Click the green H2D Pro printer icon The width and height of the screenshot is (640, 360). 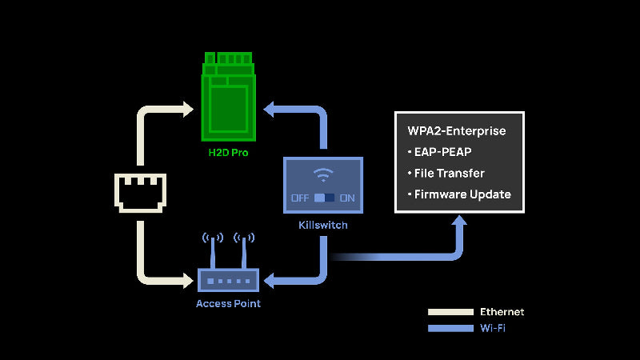click(x=229, y=95)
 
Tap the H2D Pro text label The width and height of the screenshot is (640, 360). click(x=229, y=151)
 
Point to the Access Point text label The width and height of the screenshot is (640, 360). click(x=228, y=304)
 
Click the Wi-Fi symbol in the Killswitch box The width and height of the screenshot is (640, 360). click(x=323, y=175)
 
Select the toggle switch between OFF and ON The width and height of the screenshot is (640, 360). click(x=324, y=198)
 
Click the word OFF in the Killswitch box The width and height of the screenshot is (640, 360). click(x=300, y=198)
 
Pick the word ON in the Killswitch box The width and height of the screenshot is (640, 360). click(x=347, y=198)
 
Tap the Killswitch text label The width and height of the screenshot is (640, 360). click(x=323, y=226)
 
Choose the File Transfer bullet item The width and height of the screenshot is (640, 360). click(x=449, y=173)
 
